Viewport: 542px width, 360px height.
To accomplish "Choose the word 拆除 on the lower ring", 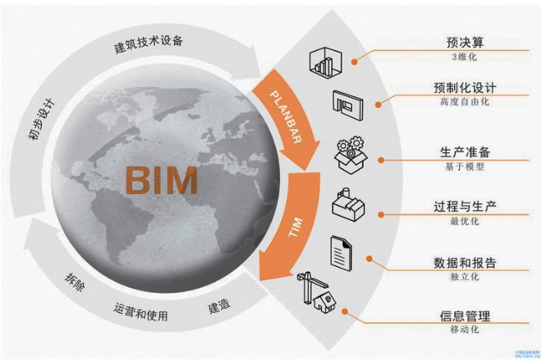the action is click(75, 284).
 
